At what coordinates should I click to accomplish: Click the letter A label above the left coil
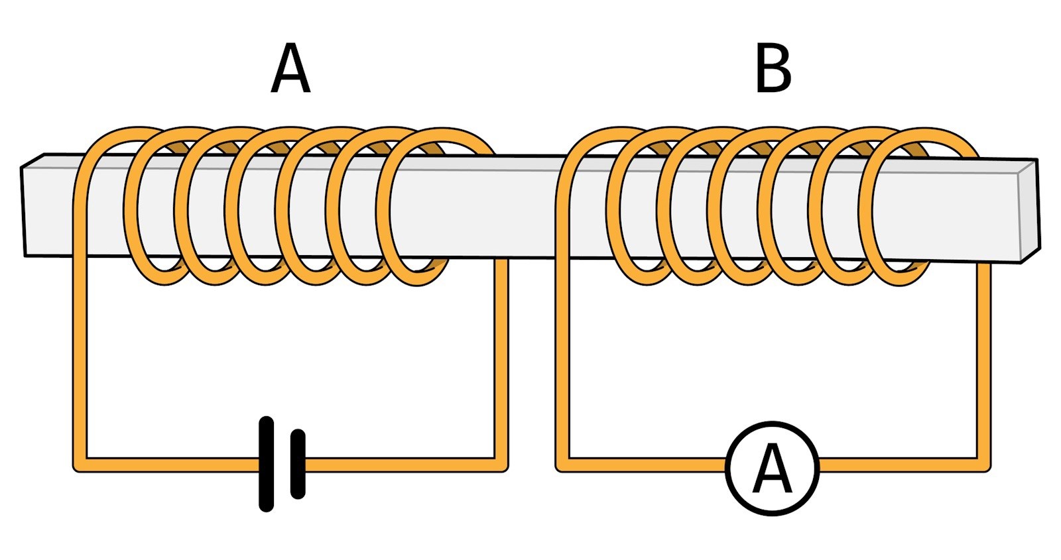pos(290,70)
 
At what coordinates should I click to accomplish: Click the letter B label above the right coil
pos(773,70)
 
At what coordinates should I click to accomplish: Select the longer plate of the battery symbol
pos(267,464)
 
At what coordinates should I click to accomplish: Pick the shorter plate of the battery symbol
pos(298,464)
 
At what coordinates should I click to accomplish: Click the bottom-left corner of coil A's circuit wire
pos(80,464)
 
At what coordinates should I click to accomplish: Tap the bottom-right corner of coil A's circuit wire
pos(501,464)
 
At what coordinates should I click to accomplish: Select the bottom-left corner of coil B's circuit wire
pos(563,464)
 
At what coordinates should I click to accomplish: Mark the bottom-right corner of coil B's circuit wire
pos(983,464)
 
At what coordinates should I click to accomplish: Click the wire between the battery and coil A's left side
pos(166,465)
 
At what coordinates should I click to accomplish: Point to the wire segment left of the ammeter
pos(643,465)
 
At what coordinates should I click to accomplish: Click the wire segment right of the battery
pos(398,465)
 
